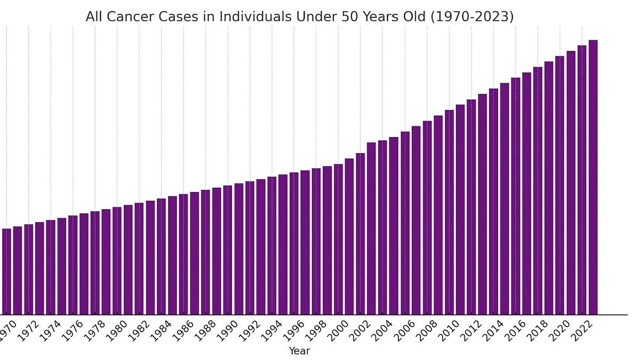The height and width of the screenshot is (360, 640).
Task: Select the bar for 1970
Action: [x=6, y=271]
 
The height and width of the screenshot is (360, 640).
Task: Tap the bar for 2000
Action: [x=338, y=239]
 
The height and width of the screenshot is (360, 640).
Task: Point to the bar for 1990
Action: [x=228, y=250]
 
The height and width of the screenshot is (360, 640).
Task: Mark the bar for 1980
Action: [x=117, y=261]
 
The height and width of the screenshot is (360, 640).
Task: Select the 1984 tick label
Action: [x=159, y=330]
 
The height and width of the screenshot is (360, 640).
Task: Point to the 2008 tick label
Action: [x=425, y=330]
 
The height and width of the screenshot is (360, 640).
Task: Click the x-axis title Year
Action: [x=299, y=351]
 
